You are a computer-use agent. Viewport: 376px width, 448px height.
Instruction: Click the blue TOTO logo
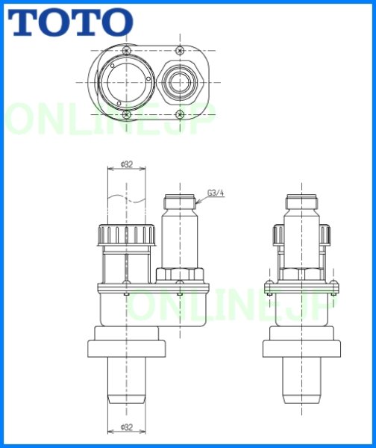point(70,22)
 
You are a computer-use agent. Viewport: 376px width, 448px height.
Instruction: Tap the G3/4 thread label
point(216,193)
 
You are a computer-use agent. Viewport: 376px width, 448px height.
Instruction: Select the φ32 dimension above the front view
point(125,164)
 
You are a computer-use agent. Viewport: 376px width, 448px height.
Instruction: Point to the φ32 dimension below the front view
point(125,427)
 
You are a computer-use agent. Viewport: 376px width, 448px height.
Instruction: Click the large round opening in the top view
point(125,80)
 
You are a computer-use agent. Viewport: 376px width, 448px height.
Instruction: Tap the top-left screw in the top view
point(126,49)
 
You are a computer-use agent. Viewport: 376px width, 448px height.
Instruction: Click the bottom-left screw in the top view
point(126,113)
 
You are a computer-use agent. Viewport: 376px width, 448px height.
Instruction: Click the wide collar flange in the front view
point(125,348)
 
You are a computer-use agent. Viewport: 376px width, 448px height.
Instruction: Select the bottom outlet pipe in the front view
point(125,381)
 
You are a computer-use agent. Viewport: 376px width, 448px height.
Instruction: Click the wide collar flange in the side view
point(303,348)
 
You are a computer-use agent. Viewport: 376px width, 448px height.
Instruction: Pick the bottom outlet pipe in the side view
point(303,381)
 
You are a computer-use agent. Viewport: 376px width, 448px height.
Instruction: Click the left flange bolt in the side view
point(269,285)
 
